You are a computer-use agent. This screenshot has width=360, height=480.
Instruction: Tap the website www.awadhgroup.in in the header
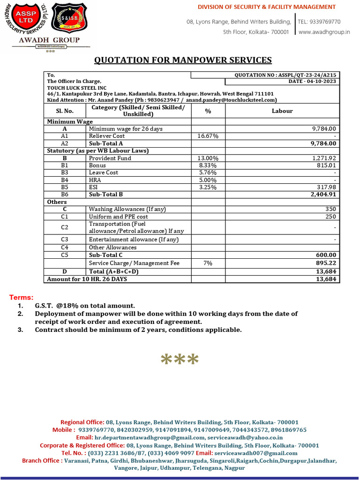(x=324, y=32)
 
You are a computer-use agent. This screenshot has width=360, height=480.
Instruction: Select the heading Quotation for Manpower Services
(x=183, y=60)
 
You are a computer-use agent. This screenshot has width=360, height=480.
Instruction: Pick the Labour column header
(x=282, y=111)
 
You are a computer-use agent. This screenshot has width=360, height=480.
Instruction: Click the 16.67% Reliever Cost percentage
(x=208, y=136)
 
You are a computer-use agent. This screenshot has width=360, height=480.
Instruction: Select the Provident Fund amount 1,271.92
(x=323, y=158)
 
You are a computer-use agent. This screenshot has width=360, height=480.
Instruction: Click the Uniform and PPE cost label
(x=118, y=217)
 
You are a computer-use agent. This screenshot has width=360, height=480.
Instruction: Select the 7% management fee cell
(x=208, y=263)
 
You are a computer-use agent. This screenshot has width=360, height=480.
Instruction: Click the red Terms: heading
(x=22, y=298)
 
